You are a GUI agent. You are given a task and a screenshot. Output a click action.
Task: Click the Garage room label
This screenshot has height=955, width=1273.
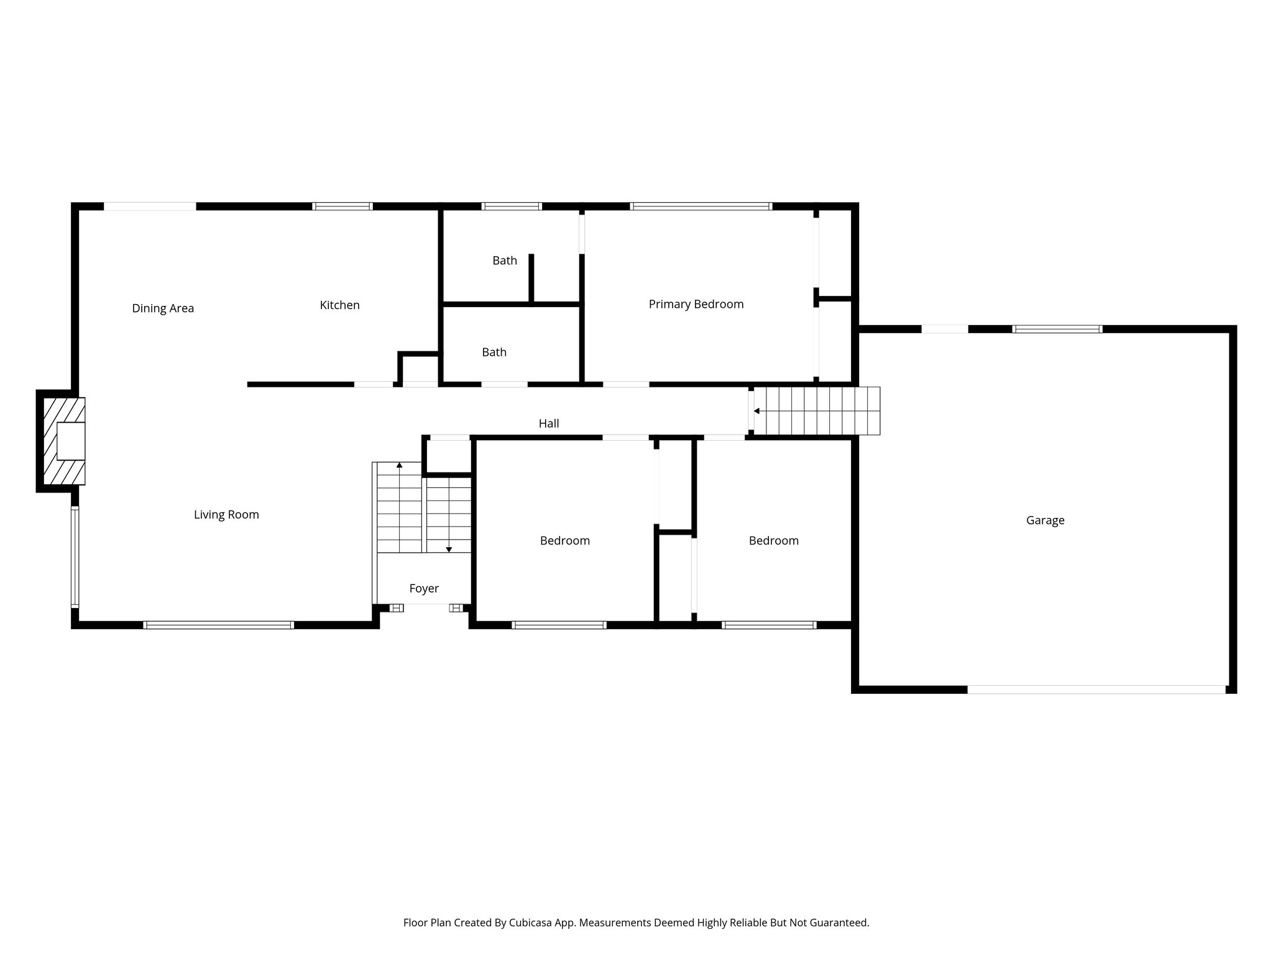click(x=1045, y=520)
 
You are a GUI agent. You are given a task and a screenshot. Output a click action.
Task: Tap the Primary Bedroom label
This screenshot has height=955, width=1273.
click(x=696, y=304)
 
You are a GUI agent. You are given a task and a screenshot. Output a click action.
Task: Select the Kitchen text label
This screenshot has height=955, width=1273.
click(x=339, y=305)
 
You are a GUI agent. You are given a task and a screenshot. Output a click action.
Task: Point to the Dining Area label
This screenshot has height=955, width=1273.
click(x=163, y=308)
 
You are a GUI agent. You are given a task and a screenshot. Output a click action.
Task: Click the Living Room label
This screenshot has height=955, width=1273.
click(x=226, y=515)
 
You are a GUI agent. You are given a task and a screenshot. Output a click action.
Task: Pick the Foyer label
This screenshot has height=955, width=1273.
click(x=424, y=588)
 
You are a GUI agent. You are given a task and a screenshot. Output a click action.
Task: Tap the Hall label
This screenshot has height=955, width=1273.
click(x=548, y=423)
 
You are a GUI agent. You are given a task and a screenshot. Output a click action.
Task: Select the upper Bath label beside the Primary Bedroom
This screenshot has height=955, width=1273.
click(x=504, y=261)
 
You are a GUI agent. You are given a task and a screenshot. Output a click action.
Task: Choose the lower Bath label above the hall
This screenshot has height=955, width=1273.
click(x=494, y=353)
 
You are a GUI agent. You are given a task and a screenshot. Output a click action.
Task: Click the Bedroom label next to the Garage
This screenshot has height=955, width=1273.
click(x=773, y=541)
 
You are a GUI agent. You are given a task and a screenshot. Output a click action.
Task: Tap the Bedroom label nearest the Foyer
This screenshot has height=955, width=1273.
click(x=564, y=541)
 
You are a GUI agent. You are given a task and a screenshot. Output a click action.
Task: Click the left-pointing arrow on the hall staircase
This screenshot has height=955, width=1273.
click(x=756, y=411)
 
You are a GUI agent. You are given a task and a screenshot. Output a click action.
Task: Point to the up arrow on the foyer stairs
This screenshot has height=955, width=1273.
click(x=399, y=465)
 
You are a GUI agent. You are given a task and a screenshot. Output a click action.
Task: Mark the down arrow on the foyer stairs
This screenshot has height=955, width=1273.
click(x=449, y=549)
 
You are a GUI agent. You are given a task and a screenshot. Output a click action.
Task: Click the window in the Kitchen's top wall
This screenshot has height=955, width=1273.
click(x=342, y=206)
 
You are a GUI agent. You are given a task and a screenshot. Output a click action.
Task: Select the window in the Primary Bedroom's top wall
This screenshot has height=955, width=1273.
click(x=701, y=206)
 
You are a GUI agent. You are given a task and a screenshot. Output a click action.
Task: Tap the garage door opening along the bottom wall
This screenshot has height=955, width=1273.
click(x=1096, y=690)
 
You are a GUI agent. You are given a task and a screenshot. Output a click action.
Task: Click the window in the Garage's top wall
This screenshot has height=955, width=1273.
click(x=1057, y=329)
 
